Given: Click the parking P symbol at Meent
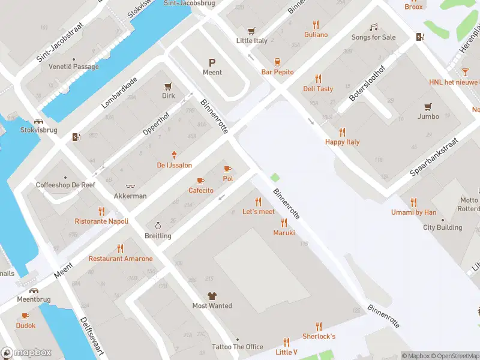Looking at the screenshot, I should tap(212, 62).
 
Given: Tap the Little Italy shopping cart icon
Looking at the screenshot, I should tap(251, 31).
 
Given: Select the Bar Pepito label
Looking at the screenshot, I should tap(277, 72).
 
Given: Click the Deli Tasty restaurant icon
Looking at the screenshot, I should tap(318, 79).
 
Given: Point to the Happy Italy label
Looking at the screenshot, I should tap(342, 142).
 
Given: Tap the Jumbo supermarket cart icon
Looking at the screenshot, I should tap(428, 107).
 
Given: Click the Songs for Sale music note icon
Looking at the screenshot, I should tap(373, 27).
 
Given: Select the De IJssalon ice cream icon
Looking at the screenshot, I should tap(175, 155).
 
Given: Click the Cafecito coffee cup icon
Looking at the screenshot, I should tap(200, 181).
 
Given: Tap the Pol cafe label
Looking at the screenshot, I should tap(227, 179).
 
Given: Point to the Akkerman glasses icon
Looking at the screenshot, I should tap(130, 187).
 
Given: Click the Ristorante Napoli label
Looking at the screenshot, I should tap(101, 221).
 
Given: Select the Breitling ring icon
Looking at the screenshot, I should tap(158, 226).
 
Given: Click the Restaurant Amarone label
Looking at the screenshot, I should tap(121, 259).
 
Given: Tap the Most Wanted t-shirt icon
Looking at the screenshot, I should tap(212, 296).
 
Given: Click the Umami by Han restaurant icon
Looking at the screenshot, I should tap(413, 202).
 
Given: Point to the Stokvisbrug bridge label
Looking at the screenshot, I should tap(39, 129).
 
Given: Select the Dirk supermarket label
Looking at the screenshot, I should tap(168, 95).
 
